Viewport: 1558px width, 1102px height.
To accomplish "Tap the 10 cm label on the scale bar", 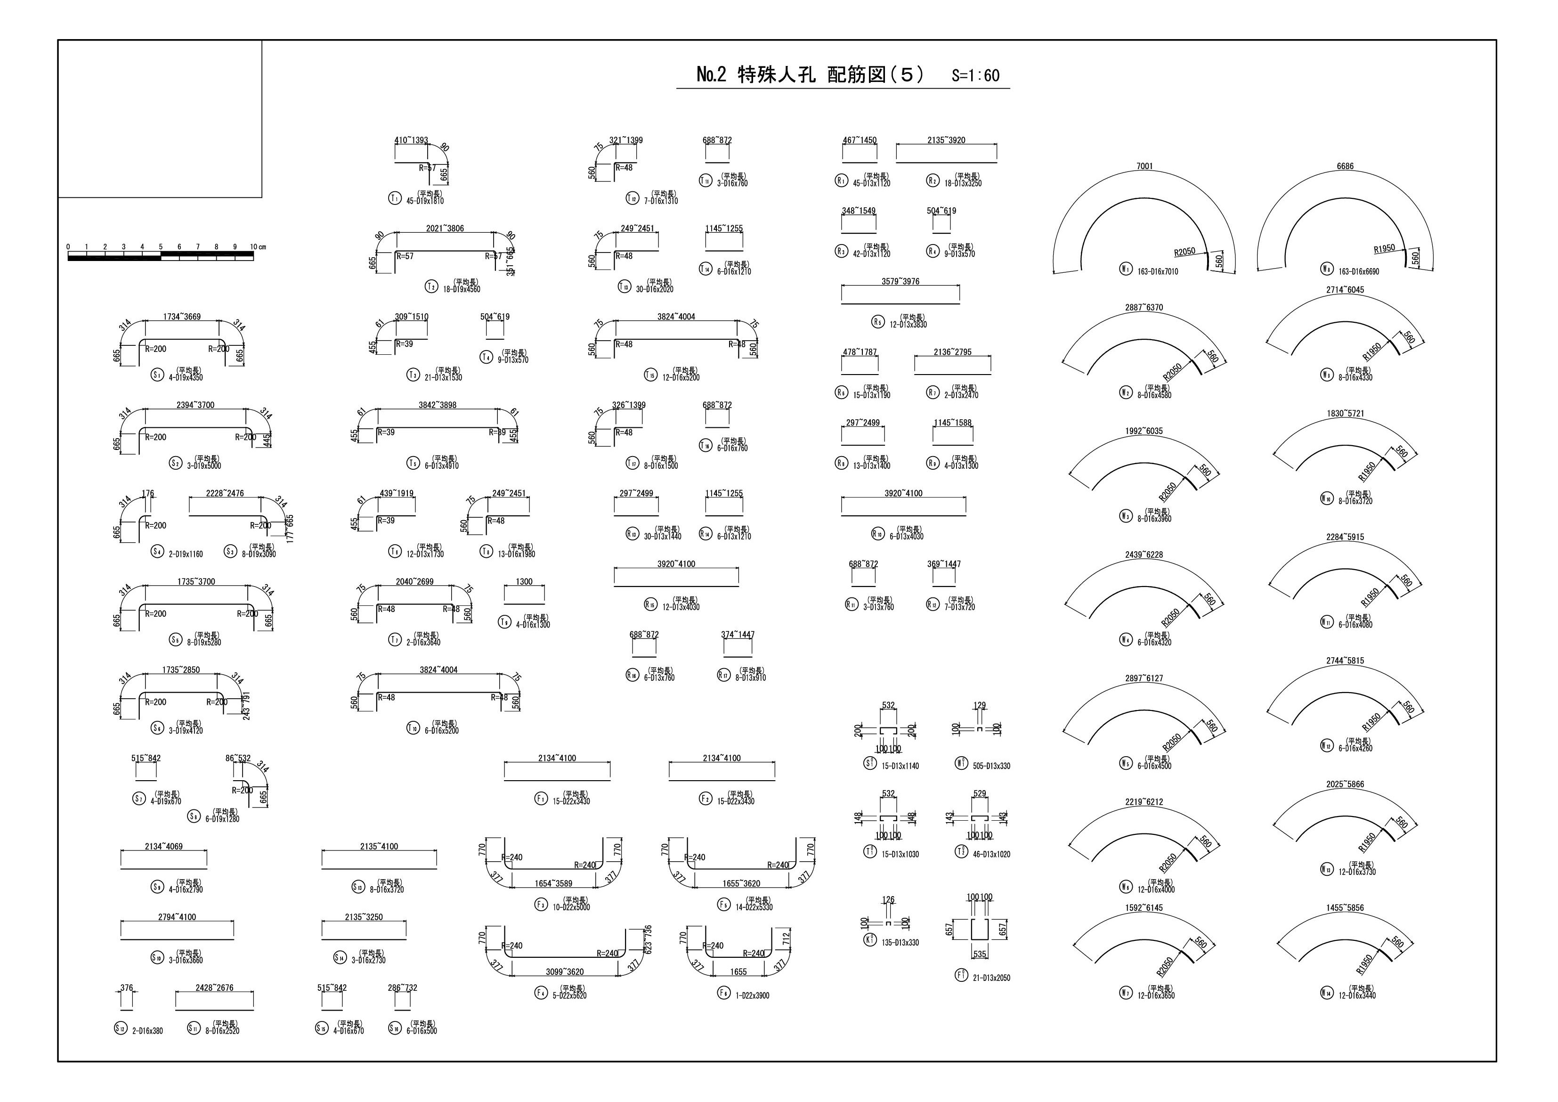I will tap(257, 247).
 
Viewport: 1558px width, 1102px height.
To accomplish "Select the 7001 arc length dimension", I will tap(1144, 166).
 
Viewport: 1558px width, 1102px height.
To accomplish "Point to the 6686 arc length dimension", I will tap(1345, 166).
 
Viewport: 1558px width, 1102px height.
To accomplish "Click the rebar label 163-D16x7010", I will tap(1158, 271).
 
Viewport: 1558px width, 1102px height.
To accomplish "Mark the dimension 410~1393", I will tap(411, 140).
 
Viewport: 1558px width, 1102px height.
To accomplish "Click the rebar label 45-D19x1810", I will tap(425, 201).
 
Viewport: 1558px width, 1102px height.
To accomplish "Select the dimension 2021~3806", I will tap(445, 229).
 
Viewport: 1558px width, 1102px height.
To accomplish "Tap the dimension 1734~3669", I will tap(182, 317).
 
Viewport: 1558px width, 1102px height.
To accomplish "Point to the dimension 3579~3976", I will tap(901, 282).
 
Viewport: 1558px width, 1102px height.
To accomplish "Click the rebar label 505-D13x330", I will tap(991, 766).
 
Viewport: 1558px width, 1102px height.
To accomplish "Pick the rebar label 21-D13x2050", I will tap(991, 978).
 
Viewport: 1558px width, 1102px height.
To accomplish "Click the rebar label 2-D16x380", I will tap(147, 1031).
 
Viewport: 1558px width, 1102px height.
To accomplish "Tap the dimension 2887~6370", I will tap(1144, 308).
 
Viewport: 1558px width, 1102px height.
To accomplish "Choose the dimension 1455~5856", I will tap(1345, 908).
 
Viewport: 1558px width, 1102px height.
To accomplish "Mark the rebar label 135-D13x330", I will tap(901, 942).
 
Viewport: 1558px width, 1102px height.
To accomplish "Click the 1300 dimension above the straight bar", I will tap(524, 582).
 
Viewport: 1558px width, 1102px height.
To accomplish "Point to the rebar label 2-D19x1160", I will tap(185, 554).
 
